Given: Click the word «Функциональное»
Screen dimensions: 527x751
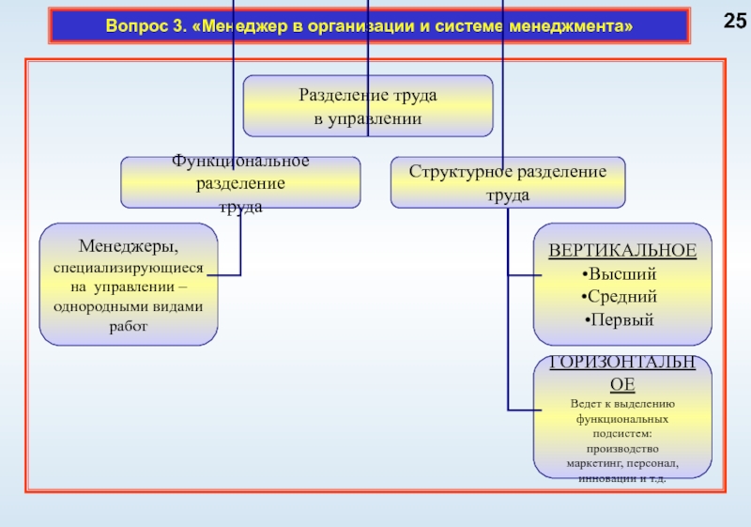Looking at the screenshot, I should pos(240,162).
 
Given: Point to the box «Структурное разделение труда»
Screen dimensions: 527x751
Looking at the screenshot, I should pos(507,183).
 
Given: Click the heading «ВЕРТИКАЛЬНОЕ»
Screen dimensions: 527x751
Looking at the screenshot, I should pos(622,251).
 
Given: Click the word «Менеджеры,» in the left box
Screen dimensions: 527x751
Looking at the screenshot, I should pos(128,247).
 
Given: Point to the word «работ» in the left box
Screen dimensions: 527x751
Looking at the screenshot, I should pos(129,326).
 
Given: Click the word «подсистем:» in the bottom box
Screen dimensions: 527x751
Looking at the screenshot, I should pos(621,434).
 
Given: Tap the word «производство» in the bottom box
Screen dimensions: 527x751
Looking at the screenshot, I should pos(621,449).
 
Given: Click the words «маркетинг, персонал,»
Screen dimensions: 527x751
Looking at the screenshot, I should pos(621,464).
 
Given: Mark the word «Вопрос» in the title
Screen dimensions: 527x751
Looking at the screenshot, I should pos(133,27).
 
